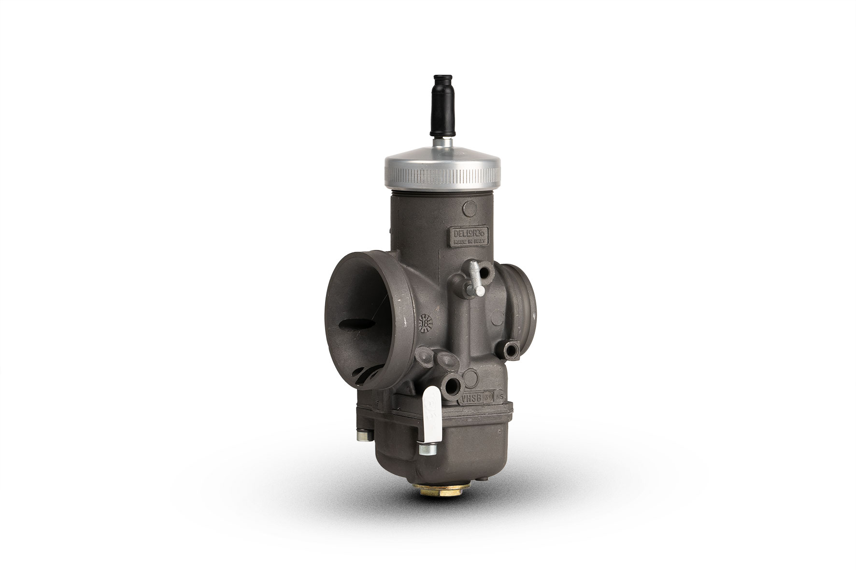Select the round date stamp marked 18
click(x=425, y=322)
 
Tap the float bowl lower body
click(x=449, y=449)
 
